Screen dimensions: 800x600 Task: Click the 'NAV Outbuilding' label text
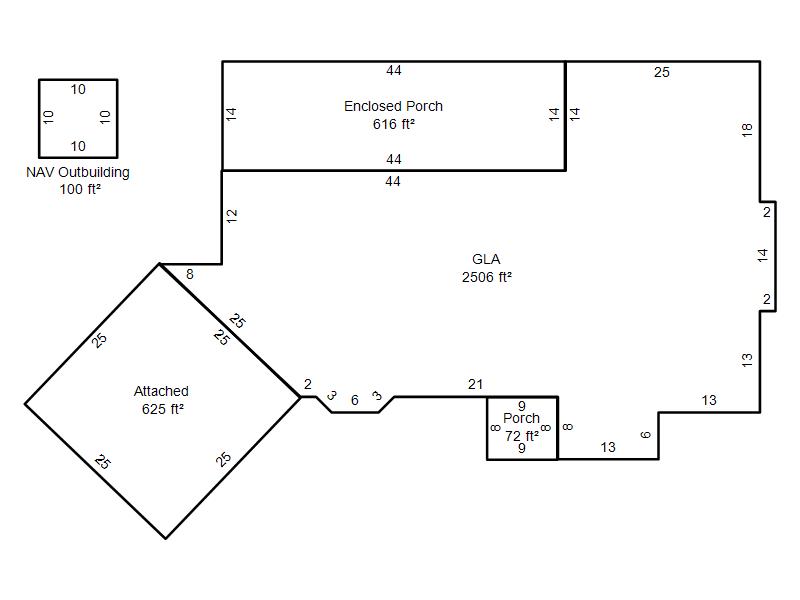78,172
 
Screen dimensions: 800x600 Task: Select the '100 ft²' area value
80,189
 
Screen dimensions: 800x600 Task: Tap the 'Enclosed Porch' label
393,106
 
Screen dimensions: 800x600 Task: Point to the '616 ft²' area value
394,124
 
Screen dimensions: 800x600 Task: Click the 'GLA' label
486,259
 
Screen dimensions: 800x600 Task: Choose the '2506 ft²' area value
487,277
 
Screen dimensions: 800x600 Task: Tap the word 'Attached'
161,391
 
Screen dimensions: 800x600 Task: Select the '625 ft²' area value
163,409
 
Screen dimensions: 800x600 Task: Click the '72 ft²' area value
522,436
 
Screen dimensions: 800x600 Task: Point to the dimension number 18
747,130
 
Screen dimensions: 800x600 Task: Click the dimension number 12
232,216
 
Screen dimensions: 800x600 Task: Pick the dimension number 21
476,384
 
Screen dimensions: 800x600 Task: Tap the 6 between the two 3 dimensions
355,400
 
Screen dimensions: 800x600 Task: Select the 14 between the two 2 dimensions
762,255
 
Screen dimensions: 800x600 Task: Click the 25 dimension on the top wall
662,72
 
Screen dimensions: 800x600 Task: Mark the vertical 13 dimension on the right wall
747,360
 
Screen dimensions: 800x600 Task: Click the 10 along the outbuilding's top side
78,89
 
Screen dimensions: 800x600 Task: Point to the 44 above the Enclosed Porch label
394,70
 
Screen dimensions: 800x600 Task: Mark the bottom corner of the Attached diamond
165,538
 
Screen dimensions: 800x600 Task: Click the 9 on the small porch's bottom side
521,448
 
